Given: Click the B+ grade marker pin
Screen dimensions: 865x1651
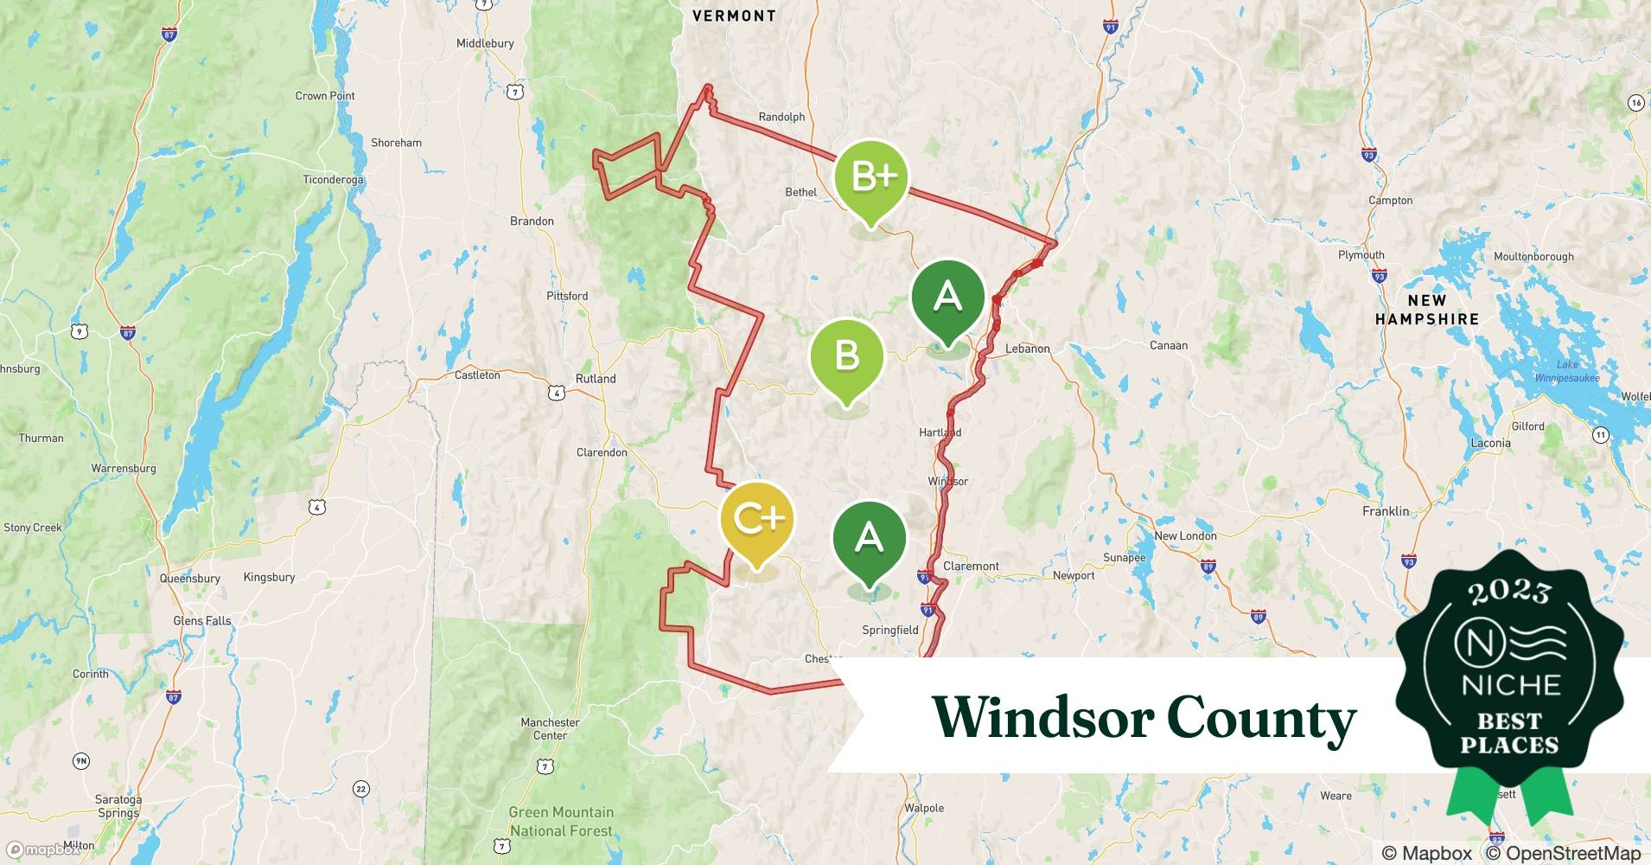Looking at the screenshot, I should tap(871, 177).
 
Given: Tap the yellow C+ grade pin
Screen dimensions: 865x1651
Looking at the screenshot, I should tap(757, 519).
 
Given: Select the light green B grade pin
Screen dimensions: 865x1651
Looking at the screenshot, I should tap(846, 356).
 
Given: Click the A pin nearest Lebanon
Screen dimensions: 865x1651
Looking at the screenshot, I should tap(947, 298).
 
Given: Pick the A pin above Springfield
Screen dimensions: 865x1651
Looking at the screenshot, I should tap(869, 538).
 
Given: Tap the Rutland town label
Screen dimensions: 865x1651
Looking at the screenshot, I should tap(596, 379).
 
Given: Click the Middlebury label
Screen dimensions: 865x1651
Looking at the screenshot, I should tap(485, 43).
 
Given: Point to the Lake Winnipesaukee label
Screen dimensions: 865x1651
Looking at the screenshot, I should tap(1566, 371).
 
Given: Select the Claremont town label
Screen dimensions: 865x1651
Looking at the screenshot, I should tap(971, 566).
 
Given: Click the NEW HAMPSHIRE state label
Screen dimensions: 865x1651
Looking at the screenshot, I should tap(1426, 310).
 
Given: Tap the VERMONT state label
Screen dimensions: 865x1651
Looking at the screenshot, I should tap(734, 16).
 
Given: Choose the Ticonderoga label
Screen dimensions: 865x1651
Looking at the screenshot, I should tap(333, 180).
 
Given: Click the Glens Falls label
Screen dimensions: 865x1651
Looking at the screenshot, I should tap(202, 620).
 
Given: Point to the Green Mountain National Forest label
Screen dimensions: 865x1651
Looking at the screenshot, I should tap(561, 822).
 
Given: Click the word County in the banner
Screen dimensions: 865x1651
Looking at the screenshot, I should tap(1261, 718).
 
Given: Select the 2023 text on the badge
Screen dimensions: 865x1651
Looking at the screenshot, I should tap(1509, 592).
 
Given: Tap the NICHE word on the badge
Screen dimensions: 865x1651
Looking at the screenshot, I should tap(1510, 685).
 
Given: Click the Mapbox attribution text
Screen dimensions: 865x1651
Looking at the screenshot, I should tap(1427, 853).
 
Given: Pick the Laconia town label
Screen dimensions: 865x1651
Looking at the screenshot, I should tap(1490, 443).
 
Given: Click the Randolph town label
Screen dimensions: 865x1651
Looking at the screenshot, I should tap(781, 117).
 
